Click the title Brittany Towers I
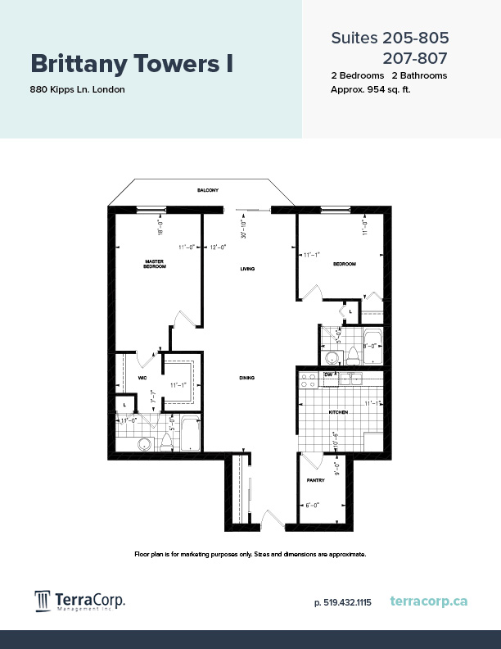click(132, 64)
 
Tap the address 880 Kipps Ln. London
click(78, 89)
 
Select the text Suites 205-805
click(390, 38)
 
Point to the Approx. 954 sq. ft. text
click(370, 89)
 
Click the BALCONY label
click(207, 190)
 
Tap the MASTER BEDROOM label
click(155, 264)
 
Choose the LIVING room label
click(248, 269)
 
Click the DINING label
click(247, 378)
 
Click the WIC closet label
click(142, 378)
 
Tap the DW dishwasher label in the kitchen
click(327, 374)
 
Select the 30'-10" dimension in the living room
click(243, 229)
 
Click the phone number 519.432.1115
click(342, 602)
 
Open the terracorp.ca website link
click(429, 601)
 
